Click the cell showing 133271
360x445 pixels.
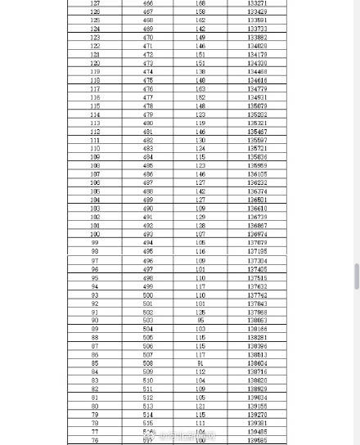click(257, 3)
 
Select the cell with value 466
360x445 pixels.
click(148, 3)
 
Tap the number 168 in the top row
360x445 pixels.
click(200, 3)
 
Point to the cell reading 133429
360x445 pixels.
click(257, 12)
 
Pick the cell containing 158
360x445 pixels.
click(200, 12)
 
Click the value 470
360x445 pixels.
click(148, 38)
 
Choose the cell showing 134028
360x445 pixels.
click(257, 47)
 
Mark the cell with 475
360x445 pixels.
click(148, 81)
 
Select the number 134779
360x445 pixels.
click(257, 89)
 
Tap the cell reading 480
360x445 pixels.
click(148, 124)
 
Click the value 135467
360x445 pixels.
click(257, 132)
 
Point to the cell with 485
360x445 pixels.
click(148, 166)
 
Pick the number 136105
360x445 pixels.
click(257, 174)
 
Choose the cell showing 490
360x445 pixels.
click(148, 209)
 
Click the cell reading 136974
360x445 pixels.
click(257, 234)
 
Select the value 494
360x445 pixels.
click(148, 243)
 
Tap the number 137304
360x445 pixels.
click(257, 260)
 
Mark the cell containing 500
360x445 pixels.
click(148, 294)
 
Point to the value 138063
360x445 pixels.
click(257, 321)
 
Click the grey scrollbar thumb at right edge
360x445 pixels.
click(357, 276)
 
